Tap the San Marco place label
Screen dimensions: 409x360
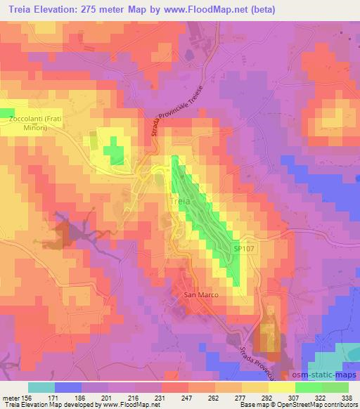coord(201,295)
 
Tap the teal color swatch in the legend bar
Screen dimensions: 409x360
coord(41,387)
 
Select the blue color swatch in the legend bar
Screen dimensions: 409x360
coord(67,387)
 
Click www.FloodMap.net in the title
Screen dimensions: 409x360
coord(209,9)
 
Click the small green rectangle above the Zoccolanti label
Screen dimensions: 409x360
coord(6,112)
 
